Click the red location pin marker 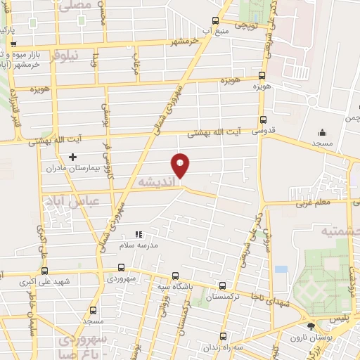(181, 165)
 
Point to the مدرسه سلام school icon (139, 233)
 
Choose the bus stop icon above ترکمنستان (223, 285)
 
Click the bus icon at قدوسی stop (264, 120)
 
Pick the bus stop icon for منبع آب (215, 21)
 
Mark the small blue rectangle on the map (282, 269)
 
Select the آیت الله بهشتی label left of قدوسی (211, 131)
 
